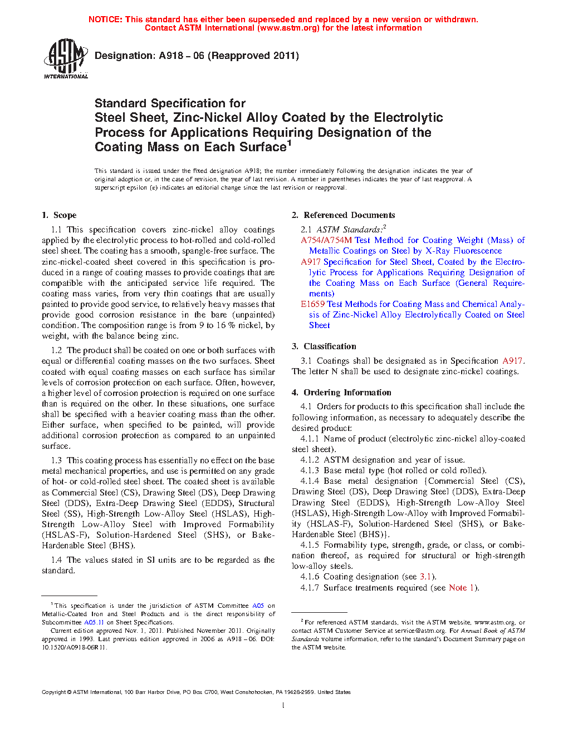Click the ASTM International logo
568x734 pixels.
click(x=65, y=58)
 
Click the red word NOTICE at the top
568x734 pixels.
click(x=105, y=19)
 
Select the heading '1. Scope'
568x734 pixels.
click(x=59, y=215)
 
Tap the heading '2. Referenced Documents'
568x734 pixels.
click(x=343, y=215)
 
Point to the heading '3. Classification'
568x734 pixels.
click(x=324, y=346)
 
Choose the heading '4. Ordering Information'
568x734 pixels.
click(x=341, y=393)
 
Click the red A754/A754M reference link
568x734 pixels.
click(x=326, y=240)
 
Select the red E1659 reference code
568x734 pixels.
click(x=312, y=304)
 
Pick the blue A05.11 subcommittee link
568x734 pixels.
click(x=94, y=622)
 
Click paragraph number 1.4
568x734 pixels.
click(x=56, y=560)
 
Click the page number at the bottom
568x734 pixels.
click(x=283, y=706)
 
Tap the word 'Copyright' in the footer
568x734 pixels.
click(x=54, y=692)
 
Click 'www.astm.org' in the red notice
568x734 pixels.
click(x=288, y=28)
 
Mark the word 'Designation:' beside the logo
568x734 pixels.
click(x=125, y=56)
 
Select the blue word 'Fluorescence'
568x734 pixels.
click(x=478, y=251)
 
